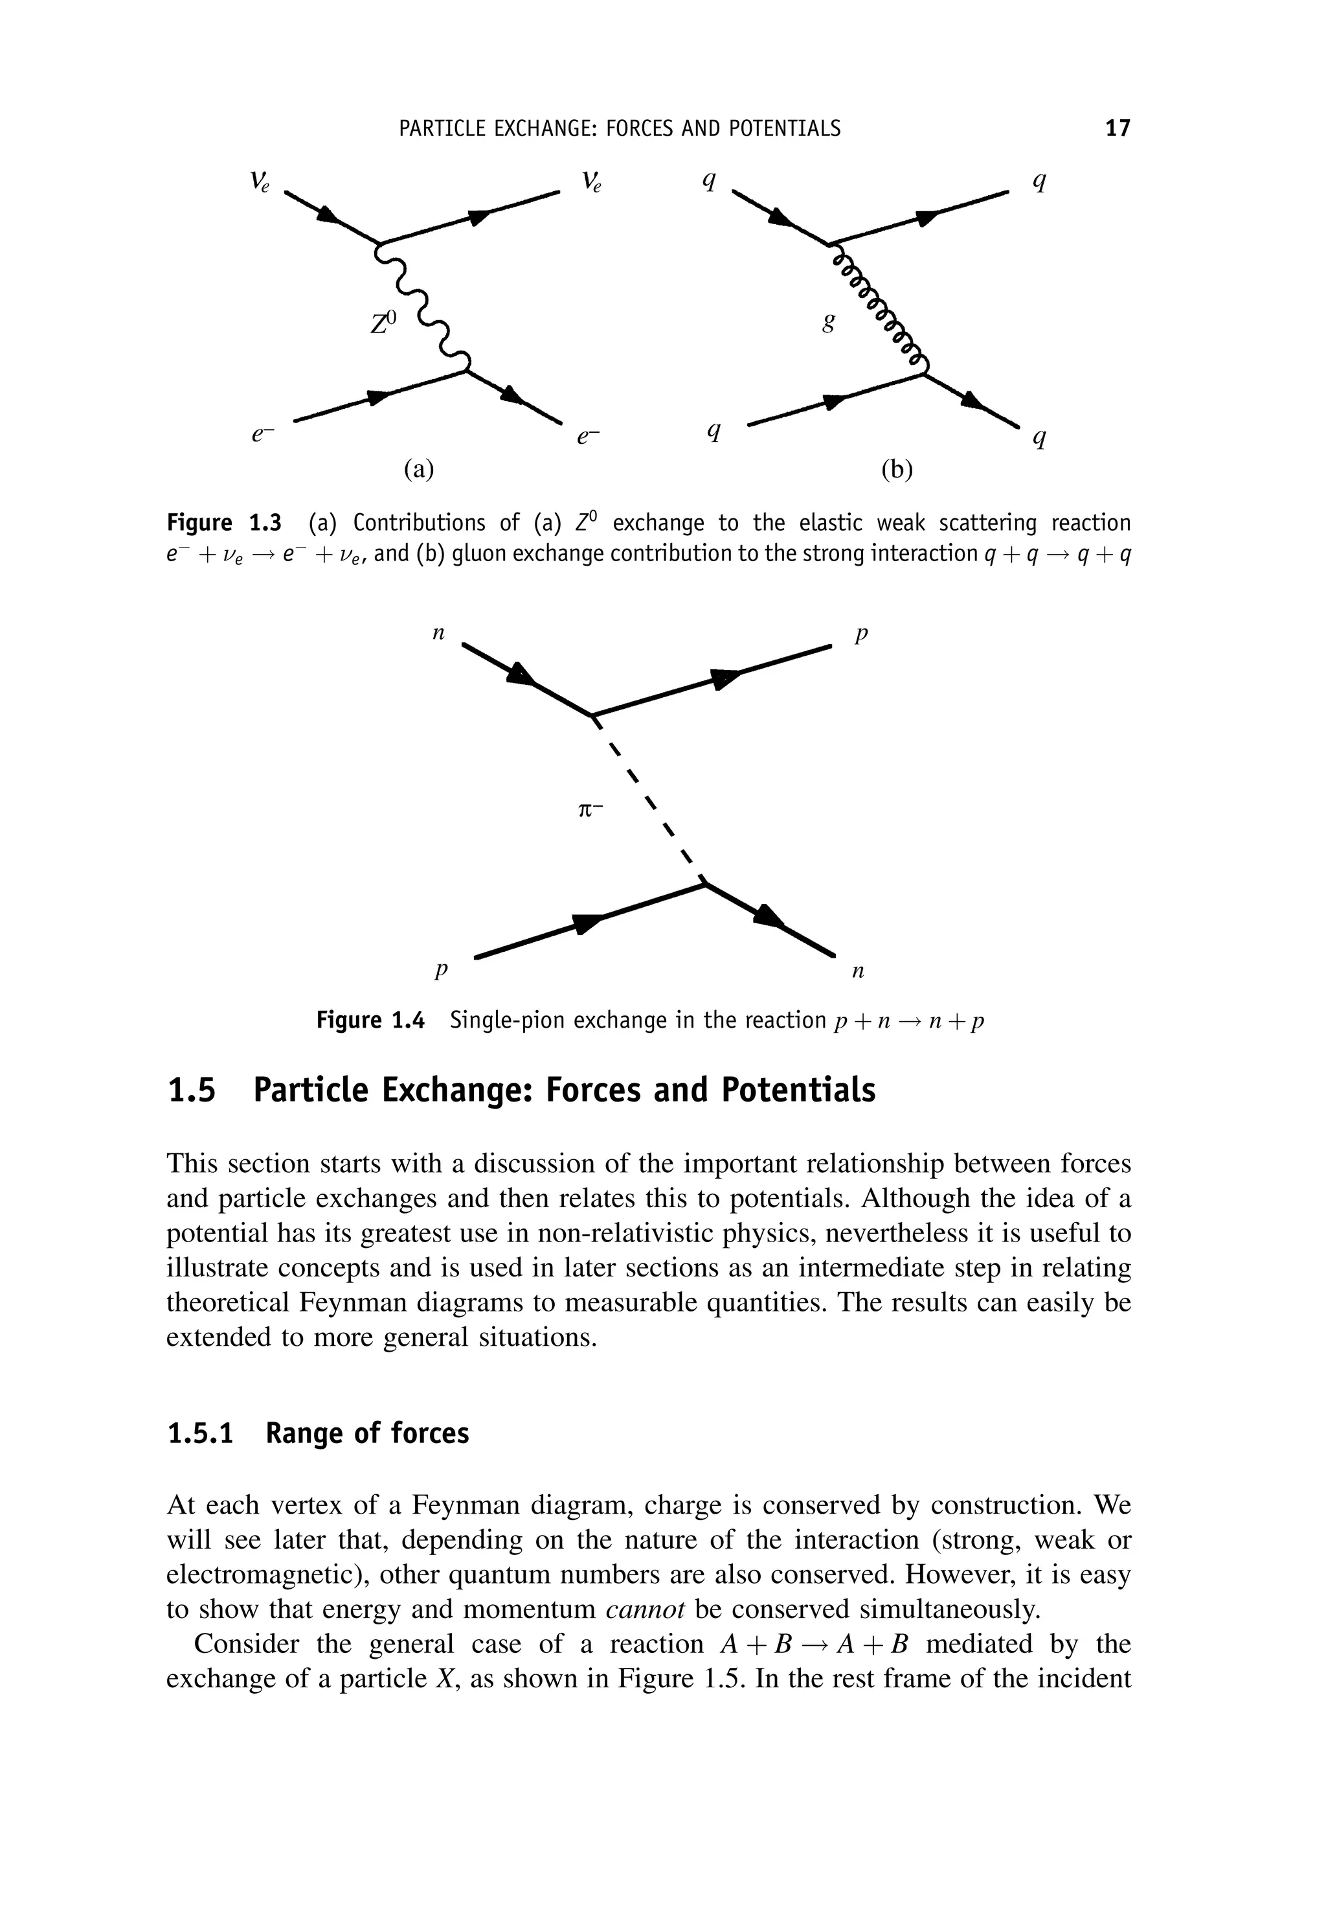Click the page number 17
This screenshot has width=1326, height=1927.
click(1118, 129)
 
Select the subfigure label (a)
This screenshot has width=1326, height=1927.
click(419, 470)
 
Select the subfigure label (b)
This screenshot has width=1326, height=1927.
click(897, 470)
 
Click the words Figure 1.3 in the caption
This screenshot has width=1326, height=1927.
click(224, 523)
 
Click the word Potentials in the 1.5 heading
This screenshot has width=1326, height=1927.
click(798, 1090)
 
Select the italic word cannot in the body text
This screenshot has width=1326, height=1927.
click(645, 1610)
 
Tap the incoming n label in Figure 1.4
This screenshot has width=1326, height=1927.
click(440, 634)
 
